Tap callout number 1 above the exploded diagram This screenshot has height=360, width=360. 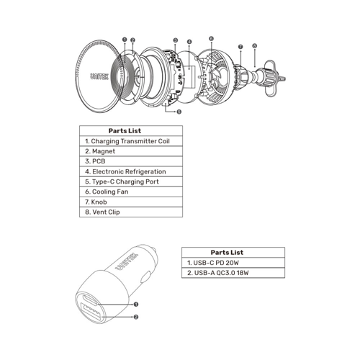pyautogui.click(x=125, y=40)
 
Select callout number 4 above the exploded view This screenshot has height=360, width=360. pyautogui.click(x=189, y=42)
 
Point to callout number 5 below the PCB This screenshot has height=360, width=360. pyautogui.click(x=179, y=112)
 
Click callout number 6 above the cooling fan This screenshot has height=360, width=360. pyautogui.click(x=211, y=38)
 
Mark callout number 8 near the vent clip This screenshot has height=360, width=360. pyautogui.click(x=254, y=45)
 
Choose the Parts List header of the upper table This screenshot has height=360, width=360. pyautogui.click(x=130, y=131)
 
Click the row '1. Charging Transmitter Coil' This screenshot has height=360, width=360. pyautogui.click(x=130, y=141)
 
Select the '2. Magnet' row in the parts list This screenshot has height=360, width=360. pyautogui.click(x=130, y=151)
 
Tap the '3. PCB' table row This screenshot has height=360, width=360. pyautogui.click(x=130, y=161)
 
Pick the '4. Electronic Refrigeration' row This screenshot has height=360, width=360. pyautogui.click(x=130, y=171)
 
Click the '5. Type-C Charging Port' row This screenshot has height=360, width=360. pyautogui.click(x=130, y=181)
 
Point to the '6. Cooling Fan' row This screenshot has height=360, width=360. pyautogui.click(x=130, y=192)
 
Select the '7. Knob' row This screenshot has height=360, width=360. pyautogui.click(x=130, y=202)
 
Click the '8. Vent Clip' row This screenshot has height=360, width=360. pyautogui.click(x=130, y=212)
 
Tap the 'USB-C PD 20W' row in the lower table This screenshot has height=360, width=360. pyautogui.click(x=233, y=263)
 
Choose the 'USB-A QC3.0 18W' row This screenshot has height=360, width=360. pyautogui.click(x=233, y=274)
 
